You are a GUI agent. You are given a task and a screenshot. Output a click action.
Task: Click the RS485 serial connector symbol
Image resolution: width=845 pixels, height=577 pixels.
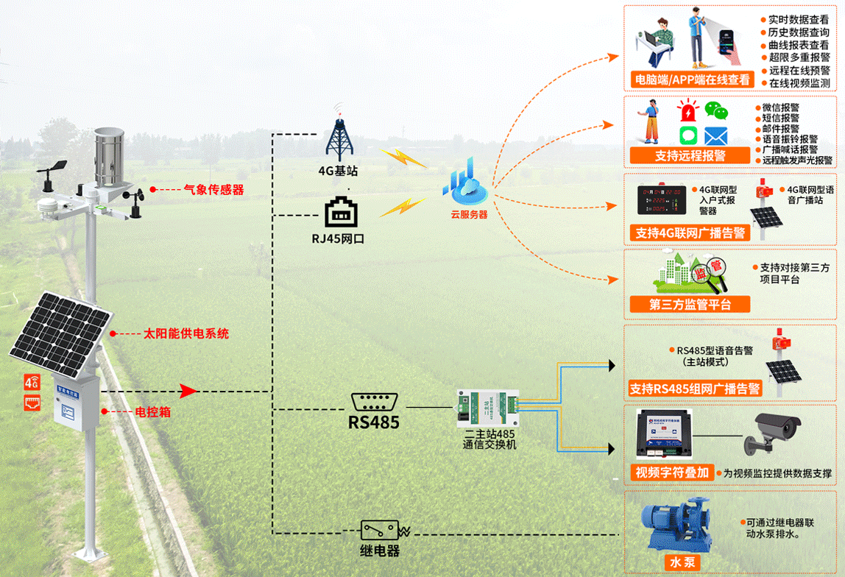pyautogui.click(x=375, y=403)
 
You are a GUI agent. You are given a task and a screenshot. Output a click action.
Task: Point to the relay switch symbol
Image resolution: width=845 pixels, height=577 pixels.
pyautogui.click(x=380, y=530)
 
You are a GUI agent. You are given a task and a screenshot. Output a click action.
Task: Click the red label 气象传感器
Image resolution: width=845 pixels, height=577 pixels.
pyautogui.click(x=213, y=190)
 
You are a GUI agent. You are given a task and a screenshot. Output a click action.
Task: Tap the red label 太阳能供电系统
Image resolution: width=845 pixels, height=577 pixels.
pyautogui.click(x=185, y=334)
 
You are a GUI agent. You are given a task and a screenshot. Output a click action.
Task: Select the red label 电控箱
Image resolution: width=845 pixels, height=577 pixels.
pyautogui.click(x=153, y=412)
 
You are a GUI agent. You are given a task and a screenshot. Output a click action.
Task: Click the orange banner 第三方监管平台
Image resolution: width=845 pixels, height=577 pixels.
pyautogui.click(x=690, y=305)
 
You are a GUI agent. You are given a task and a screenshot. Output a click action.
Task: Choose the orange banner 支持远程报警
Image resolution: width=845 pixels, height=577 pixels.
pyautogui.click(x=690, y=156)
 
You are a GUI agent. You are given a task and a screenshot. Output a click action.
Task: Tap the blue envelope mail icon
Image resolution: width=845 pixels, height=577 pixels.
pyautogui.click(x=715, y=136)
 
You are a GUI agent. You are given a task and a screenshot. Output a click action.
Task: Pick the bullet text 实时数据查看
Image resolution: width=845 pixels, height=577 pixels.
pyautogui.click(x=799, y=20)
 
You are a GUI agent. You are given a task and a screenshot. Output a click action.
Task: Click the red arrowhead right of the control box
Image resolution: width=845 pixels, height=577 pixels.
pyautogui.click(x=189, y=391)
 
